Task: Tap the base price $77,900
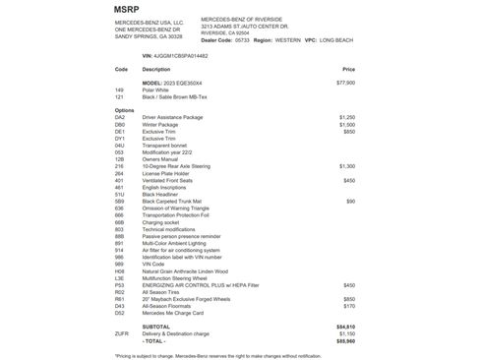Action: pyautogui.click(x=345, y=83)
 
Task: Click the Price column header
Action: pyautogui.click(x=348, y=70)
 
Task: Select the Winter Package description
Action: pyautogui.click(x=164, y=125)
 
